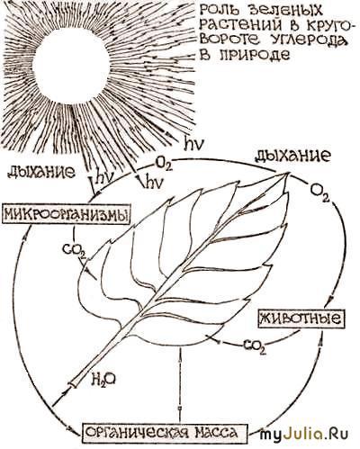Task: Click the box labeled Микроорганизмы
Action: point(67,215)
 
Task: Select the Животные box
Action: point(301,319)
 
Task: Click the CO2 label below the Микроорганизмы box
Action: point(74,250)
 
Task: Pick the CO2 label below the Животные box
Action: point(255,346)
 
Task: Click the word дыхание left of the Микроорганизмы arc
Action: point(41,173)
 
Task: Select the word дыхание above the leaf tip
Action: point(292,156)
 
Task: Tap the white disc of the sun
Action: point(71,67)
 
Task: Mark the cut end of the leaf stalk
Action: point(74,383)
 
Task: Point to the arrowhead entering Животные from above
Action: point(331,300)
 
